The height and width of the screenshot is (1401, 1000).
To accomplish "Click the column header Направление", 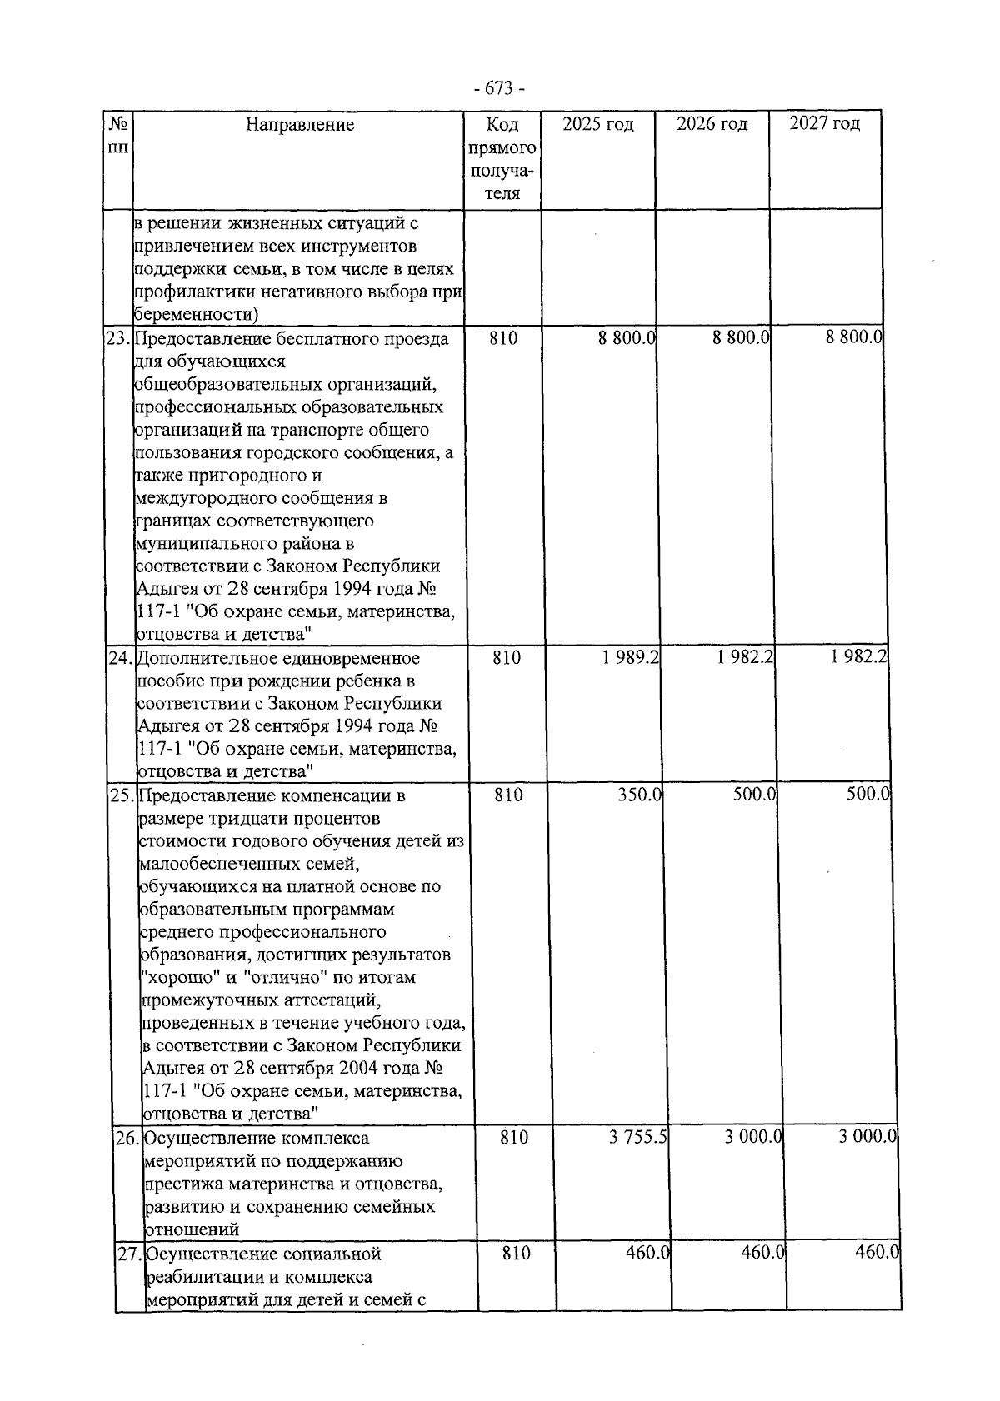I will (300, 125).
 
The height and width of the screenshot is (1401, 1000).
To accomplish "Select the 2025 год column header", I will (597, 125).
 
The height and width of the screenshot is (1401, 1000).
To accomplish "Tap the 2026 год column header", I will (712, 125).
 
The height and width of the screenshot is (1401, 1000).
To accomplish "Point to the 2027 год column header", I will (824, 124).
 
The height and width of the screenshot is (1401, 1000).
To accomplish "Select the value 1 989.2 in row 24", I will (631, 658).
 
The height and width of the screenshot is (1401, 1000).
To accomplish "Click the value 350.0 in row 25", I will (639, 795).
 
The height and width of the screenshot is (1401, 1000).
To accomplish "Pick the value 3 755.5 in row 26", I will (638, 1137).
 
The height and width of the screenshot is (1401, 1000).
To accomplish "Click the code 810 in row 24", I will (507, 658).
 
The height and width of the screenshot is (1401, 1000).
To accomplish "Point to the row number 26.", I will (127, 1138).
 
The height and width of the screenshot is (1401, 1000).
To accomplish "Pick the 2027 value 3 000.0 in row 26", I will (867, 1136).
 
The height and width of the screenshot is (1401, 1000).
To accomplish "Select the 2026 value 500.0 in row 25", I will (754, 795).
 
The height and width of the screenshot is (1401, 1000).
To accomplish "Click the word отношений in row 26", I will (192, 1229).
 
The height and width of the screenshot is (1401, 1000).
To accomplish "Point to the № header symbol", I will (117, 124).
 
